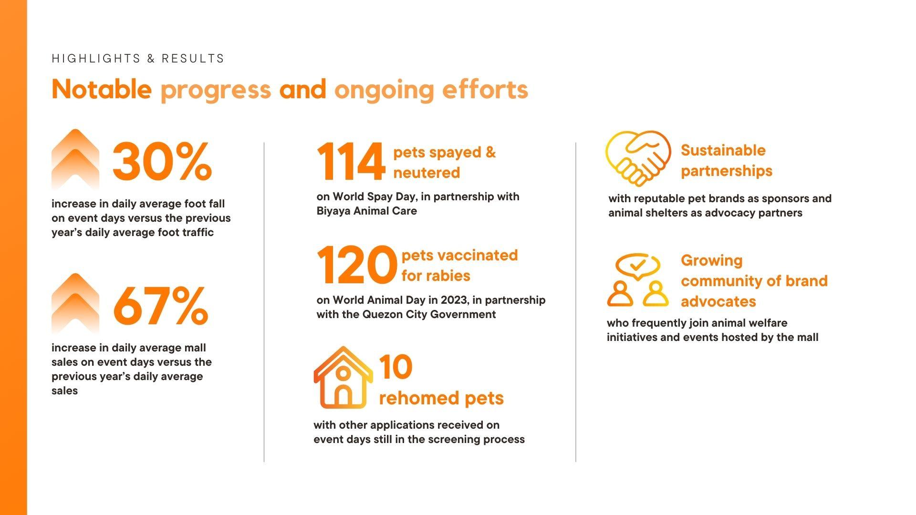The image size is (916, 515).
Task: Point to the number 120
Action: coord(356,265)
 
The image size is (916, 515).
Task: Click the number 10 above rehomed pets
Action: coord(396,367)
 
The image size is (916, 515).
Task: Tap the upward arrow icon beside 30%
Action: coord(75,160)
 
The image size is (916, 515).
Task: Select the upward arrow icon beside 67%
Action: coord(75,304)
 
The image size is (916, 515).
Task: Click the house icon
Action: coord(343,377)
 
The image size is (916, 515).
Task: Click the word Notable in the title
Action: coord(102,89)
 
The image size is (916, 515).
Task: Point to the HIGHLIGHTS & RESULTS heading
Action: coord(138,59)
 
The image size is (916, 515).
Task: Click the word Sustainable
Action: coord(723,150)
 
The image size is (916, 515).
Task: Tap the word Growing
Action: coord(712,260)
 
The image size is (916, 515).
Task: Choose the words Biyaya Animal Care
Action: coord(366,211)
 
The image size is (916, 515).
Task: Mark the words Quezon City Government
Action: coord(429,314)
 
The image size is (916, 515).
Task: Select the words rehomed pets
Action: coord(441,398)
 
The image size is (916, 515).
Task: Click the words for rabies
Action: coord(436,276)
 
